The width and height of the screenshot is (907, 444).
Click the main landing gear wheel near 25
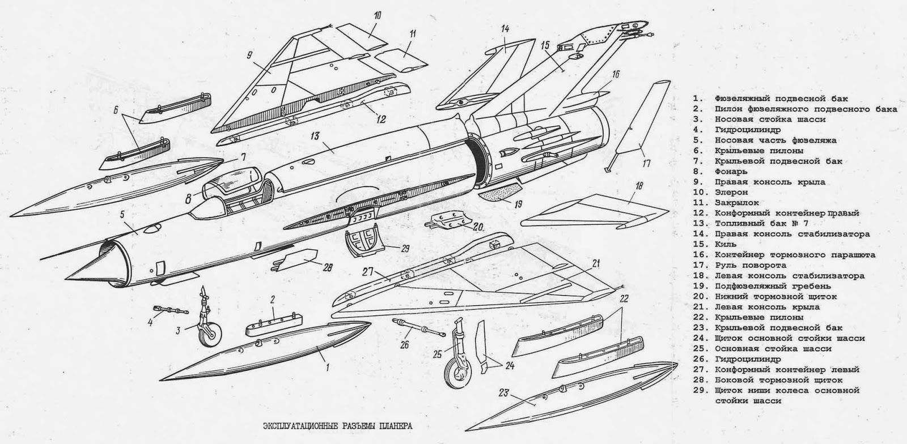point(455,376)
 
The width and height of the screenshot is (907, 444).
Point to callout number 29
point(404,247)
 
